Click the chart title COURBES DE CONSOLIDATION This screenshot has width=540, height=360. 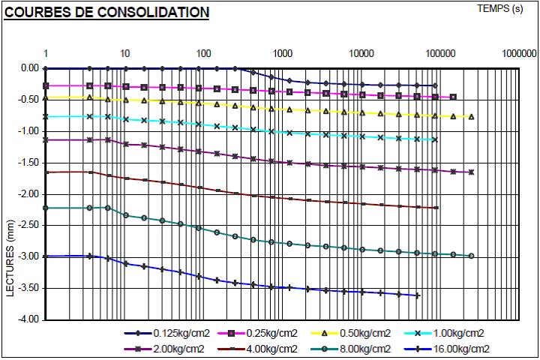pyautogui.click(x=106, y=13)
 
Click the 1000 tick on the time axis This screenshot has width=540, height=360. pyautogui.click(x=283, y=54)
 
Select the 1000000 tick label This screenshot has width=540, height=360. pyautogui.click(x=519, y=54)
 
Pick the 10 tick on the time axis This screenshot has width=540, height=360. pyautogui.click(x=125, y=54)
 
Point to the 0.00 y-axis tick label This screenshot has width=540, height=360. pyautogui.click(x=30, y=68)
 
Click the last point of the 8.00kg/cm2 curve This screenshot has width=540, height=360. pyautogui.click(x=471, y=256)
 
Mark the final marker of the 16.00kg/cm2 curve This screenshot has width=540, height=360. pyautogui.click(x=417, y=295)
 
